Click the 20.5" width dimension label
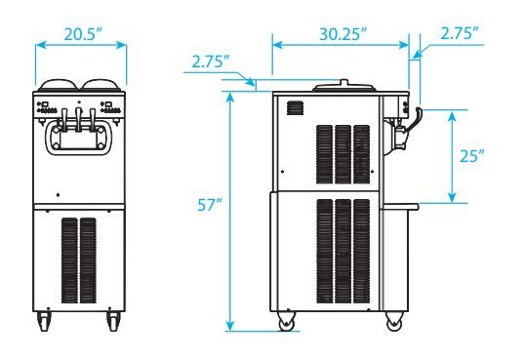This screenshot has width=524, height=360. pos(83,34)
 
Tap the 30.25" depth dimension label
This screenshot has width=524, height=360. pos(343,34)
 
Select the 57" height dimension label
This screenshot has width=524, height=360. pos(209,205)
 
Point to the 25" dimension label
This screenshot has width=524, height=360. pos(472,156)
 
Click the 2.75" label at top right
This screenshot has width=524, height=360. pos(460,33)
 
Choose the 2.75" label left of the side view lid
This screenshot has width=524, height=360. pos(211,61)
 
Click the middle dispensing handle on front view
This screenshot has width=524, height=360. pos(79,119)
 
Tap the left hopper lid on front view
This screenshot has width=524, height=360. pos(59,85)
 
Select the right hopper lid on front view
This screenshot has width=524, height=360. pos(101,85)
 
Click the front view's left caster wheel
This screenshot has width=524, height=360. pos(44,321)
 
